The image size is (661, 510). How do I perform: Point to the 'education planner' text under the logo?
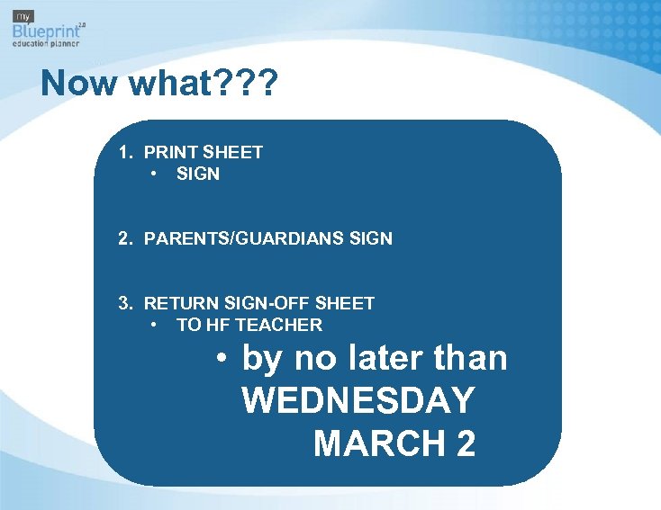46,43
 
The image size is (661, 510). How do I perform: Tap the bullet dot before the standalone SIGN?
156,174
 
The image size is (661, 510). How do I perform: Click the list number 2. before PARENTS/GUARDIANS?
126,238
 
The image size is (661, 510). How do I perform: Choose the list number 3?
126,303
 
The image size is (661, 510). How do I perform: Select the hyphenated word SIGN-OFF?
260,303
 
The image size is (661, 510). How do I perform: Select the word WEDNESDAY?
358,401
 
